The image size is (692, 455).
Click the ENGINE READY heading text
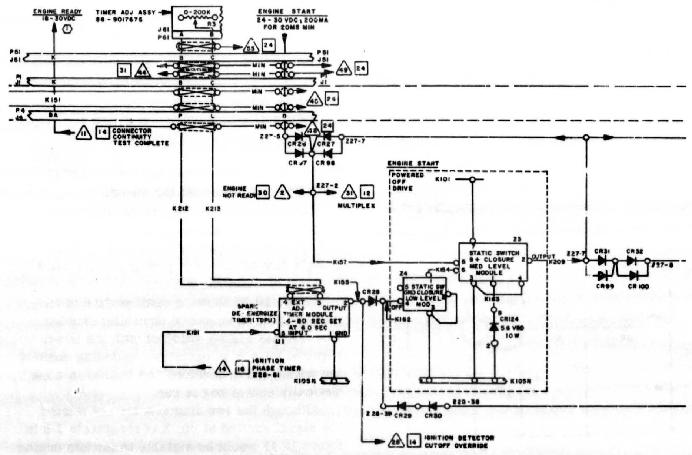[x=57, y=11]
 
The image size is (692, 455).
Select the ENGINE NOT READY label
[x=239, y=192]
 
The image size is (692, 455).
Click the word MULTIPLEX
[x=356, y=206]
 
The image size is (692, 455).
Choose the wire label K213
[x=213, y=209]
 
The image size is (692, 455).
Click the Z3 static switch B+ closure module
[x=493, y=262]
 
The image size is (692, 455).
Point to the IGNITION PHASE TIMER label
[x=276, y=368]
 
